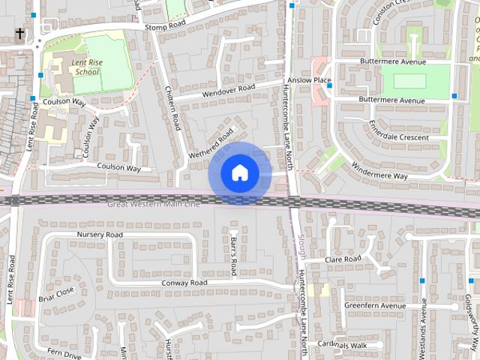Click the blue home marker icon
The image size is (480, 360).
click(239, 173)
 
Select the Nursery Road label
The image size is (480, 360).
click(100, 235)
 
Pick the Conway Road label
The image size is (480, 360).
click(184, 283)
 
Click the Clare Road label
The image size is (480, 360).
click(343, 259)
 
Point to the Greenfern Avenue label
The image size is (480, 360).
click(374, 306)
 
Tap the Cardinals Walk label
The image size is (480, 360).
click(341, 344)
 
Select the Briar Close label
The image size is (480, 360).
click(57, 291)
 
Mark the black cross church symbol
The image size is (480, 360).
click(19, 33)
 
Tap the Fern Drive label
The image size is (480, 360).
click(64, 353)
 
